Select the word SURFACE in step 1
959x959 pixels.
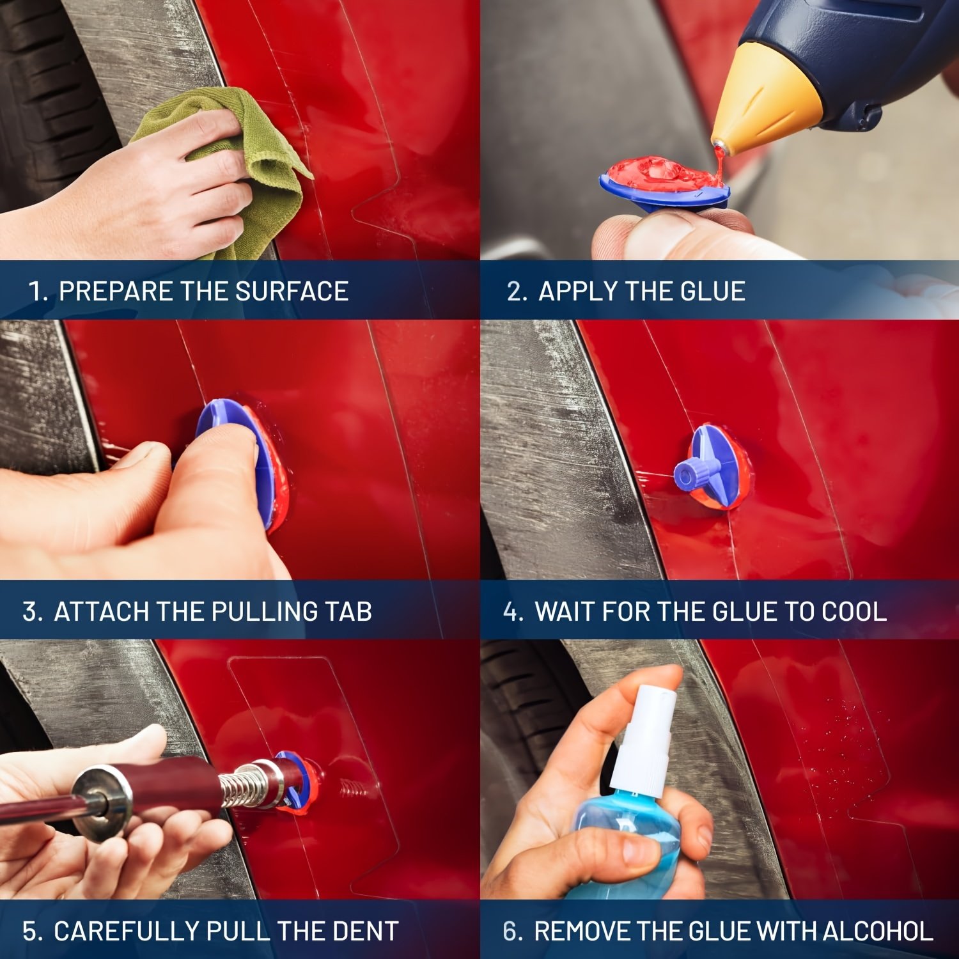[x=292, y=292]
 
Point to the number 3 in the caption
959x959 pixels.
[x=29, y=612]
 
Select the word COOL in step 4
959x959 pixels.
[x=854, y=612]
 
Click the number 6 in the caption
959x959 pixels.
[x=510, y=932]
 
